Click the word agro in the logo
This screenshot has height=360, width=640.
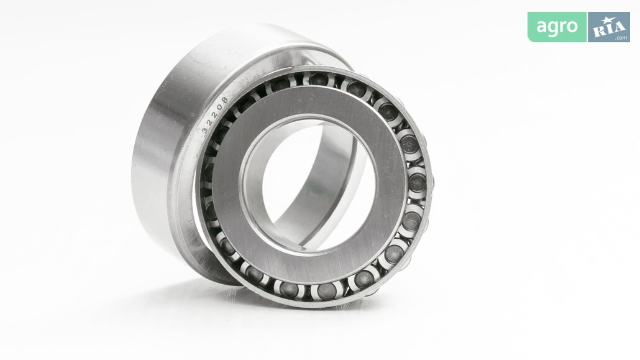[x=557, y=27]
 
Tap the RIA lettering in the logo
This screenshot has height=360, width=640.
[x=610, y=28]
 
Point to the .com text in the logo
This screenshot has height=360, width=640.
[x=621, y=38]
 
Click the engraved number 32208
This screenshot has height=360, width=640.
[x=215, y=115]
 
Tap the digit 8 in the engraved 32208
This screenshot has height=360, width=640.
[x=224, y=99]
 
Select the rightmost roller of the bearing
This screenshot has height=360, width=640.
[x=417, y=183]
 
